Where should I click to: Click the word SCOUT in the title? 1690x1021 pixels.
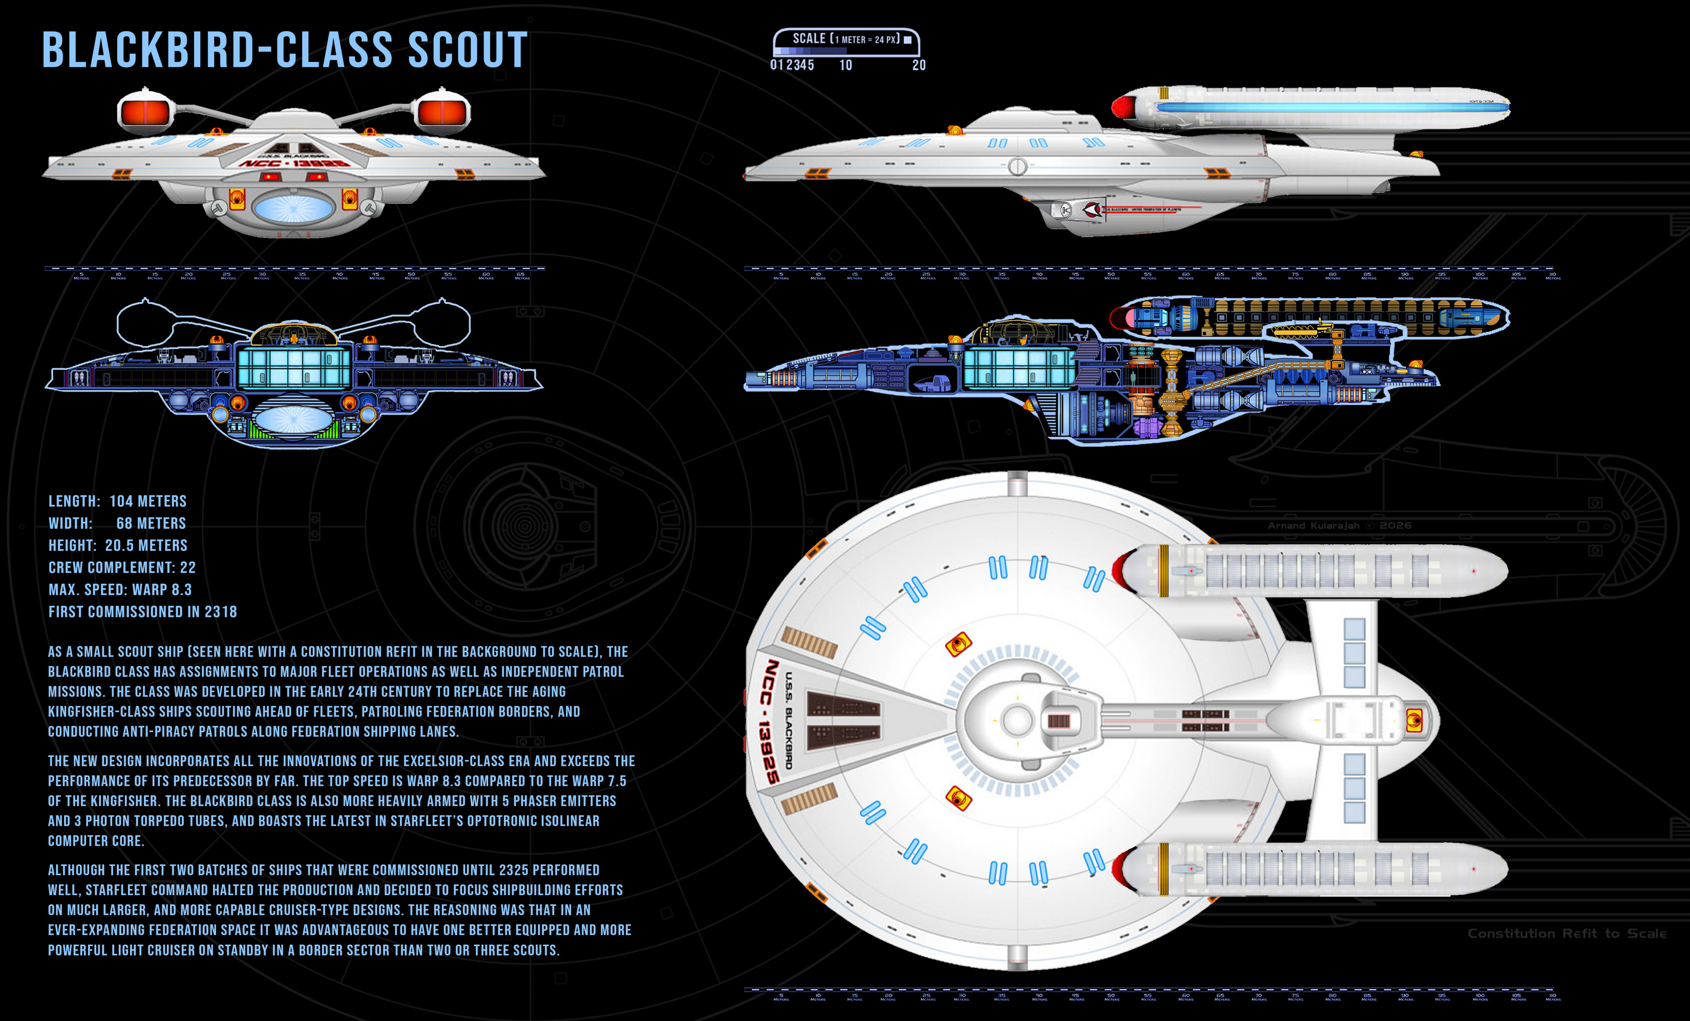468,51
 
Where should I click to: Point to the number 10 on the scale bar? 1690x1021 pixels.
846,65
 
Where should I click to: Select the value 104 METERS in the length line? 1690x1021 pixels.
147,501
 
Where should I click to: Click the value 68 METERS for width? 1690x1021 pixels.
151,523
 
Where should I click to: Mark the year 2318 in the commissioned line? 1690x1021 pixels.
220,612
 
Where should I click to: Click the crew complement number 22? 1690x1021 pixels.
188,568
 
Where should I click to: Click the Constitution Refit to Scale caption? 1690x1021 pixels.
1567,933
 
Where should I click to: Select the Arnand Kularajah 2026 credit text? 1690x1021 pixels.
1339,525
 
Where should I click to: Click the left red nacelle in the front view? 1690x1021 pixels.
145,112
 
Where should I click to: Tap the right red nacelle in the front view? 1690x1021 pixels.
443,112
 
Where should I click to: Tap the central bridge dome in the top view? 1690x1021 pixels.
1017,720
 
